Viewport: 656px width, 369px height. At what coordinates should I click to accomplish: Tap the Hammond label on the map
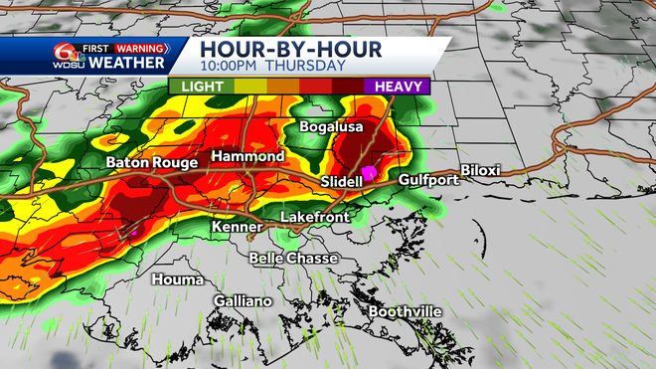pos(247,157)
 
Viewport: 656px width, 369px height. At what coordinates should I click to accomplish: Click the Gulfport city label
pos(427,180)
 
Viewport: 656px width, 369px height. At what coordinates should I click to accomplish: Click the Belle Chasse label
pos(293,259)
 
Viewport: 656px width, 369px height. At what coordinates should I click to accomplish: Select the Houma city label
pos(176,279)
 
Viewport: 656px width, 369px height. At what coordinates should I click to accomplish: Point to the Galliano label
pos(243,301)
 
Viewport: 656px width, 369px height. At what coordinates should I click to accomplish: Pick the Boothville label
pos(405,312)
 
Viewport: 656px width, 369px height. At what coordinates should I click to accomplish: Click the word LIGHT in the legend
pos(201,87)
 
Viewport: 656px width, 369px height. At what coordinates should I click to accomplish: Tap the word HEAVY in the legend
pos(402,87)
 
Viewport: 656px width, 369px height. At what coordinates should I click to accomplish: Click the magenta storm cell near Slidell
pos(369,172)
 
